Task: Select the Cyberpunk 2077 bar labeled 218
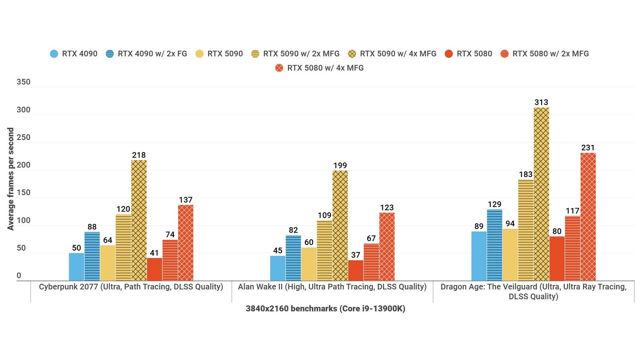(139, 220)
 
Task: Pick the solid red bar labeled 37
(356, 270)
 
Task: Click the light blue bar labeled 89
(479, 256)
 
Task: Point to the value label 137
(186, 200)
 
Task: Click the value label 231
(588, 148)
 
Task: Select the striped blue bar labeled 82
(293, 258)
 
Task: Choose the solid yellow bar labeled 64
(108, 263)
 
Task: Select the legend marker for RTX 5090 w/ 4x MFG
(352, 54)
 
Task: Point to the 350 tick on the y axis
(23, 82)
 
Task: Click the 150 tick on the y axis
(23, 193)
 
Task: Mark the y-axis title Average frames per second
(11, 179)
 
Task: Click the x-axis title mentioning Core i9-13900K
(325, 309)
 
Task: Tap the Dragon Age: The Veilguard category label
(533, 291)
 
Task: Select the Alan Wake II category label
(332, 287)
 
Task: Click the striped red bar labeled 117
(572, 248)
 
